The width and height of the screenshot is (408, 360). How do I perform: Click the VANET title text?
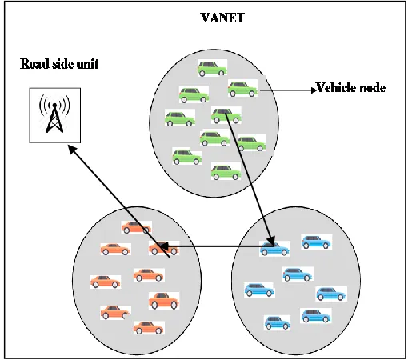tap(222, 18)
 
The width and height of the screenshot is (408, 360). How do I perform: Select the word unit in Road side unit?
tap(88, 64)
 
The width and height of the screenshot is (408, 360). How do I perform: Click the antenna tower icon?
tap(54, 115)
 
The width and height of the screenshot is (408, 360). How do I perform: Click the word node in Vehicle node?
tap(373, 88)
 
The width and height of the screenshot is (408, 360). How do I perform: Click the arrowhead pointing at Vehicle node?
tap(314, 90)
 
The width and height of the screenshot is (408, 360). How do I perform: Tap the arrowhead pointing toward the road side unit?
tap(73, 149)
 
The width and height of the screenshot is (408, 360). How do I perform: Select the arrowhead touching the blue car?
tap(272, 240)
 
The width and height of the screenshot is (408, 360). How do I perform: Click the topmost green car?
tap(212, 68)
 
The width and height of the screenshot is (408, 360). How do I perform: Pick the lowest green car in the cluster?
tap(226, 172)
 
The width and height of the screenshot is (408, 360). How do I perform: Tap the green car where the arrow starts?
tap(226, 115)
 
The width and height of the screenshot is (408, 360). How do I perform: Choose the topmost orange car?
tap(136, 227)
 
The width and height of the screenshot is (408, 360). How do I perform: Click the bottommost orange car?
tap(148, 327)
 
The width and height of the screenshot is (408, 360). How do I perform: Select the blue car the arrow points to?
tap(274, 249)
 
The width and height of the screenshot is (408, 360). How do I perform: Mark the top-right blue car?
tap(316, 242)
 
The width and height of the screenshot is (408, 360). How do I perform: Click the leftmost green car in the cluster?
tap(180, 118)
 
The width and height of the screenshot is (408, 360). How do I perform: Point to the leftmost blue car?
tap(259, 290)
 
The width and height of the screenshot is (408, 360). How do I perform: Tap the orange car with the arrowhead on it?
tap(163, 248)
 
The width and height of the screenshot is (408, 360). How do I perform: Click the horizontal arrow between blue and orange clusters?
tap(217, 246)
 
